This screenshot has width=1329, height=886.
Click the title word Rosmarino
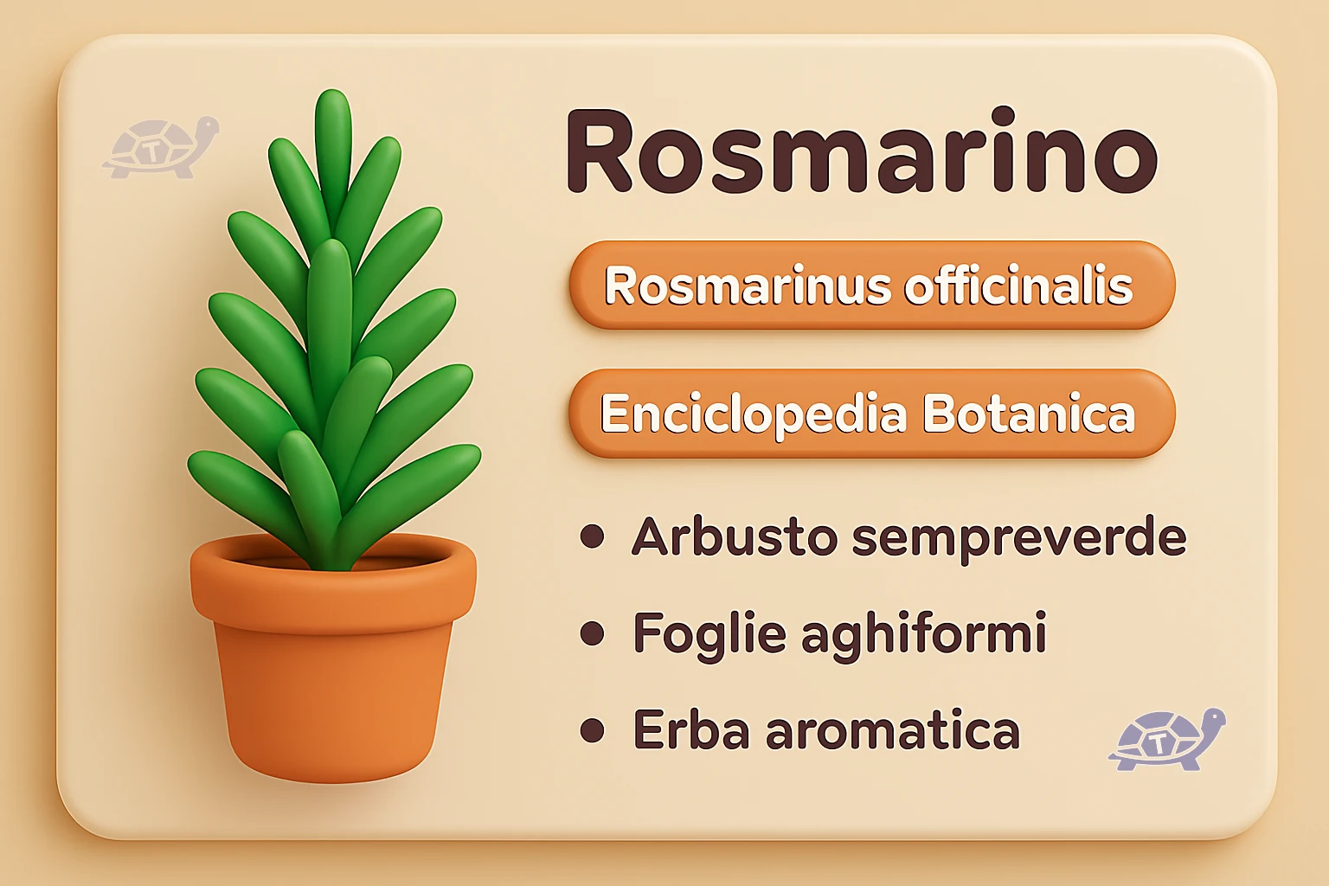[861, 151]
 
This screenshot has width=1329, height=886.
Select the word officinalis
[1018, 286]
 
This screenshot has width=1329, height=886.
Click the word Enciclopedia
[754, 414]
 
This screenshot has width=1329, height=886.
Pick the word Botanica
[1028, 414]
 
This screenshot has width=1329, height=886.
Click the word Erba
[691, 730]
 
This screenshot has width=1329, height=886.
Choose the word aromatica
[892, 731]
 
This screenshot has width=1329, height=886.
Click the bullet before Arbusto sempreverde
[593, 537]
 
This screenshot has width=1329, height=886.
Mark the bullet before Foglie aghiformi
[593, 633]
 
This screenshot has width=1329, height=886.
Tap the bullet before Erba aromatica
[593, 730]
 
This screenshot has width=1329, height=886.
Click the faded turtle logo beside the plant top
[160, 148]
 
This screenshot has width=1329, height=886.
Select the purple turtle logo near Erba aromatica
[1166, 740]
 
